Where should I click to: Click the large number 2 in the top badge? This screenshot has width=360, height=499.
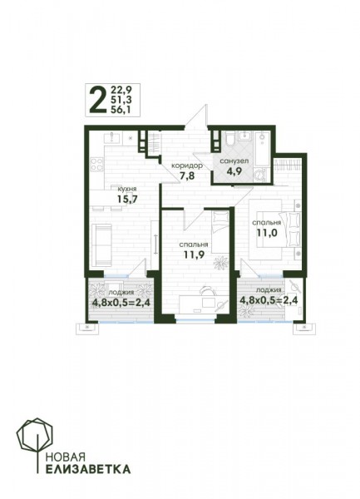tap(97, 101)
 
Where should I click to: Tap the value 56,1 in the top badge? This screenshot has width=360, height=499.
tap(121, 110)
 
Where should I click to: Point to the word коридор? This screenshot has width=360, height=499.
tap(186, 166)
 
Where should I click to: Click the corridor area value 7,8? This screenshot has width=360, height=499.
tap(187, 175)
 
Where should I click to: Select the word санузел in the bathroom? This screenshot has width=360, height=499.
tap(234, 161)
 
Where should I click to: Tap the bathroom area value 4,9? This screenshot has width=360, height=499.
tap(234, 170)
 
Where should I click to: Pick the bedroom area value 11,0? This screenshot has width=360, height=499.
tap(267, 233)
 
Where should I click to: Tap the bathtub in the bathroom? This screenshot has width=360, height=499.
tap(262, 149)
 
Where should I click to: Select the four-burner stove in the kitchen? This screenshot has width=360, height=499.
tap(96, 165)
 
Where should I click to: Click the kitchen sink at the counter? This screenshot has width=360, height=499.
tap(112, 138)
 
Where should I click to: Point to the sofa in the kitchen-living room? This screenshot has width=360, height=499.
tap(101, 245)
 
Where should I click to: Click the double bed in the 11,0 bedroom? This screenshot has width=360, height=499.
tap(274, 230)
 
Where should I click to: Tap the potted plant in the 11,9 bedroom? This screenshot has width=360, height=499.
tap(221, 263)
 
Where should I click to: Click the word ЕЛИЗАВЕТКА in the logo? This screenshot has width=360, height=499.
tap(88, 469)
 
